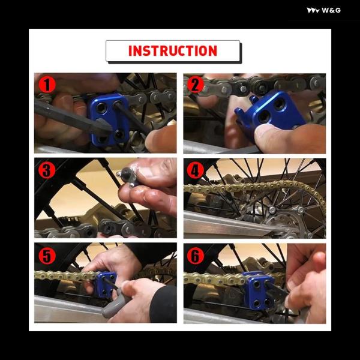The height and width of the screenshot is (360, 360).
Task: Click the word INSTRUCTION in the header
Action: [173, 51]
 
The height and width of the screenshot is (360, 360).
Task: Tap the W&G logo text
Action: [331, 10]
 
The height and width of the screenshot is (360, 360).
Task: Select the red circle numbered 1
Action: [47, 85]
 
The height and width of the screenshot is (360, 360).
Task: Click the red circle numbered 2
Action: [196, 85]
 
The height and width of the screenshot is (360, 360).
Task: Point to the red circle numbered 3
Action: [47, 170]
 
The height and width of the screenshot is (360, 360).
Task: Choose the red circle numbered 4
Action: [196, 170]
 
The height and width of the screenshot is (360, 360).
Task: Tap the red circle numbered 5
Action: [47, 256]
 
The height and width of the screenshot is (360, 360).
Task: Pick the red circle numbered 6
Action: [196, 256]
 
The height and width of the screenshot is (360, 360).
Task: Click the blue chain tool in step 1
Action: [109, 119]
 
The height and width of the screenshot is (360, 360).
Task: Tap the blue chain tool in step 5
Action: [106, 284]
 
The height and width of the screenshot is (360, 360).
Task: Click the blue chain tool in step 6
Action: [257, 290]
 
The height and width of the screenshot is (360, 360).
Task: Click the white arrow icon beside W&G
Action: [313, 11]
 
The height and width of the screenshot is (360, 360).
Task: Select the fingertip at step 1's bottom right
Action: [161, 140]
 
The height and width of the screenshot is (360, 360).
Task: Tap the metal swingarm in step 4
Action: [227, 224]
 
